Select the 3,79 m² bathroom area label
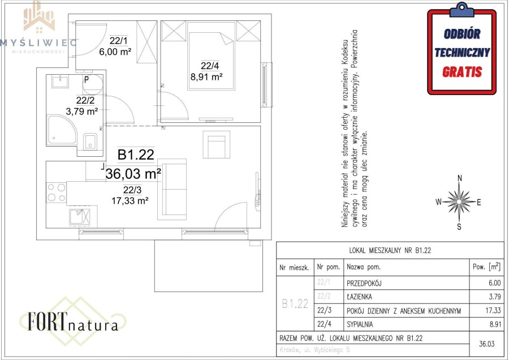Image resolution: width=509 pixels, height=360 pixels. point(82,112)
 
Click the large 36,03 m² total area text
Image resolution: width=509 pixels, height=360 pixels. point(133,173)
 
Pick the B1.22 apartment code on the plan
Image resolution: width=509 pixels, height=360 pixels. point(136,154)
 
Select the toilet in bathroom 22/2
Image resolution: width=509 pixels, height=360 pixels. point(90,141)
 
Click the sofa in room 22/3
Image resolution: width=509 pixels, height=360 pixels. point(174,188)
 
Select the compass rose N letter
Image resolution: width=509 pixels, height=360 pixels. point(460,178)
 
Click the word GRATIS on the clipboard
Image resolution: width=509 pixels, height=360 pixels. point(462,72)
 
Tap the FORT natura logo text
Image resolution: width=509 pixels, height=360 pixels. point(73,322)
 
